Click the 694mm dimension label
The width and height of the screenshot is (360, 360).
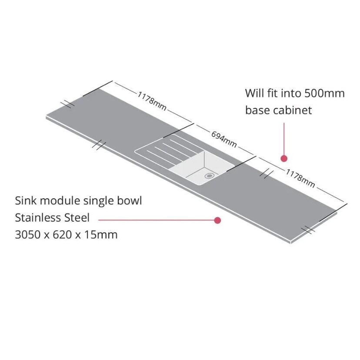pyautogui.click(x=224, y=140)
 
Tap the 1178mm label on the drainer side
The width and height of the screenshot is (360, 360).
pyautogui.click(x=152, y=101)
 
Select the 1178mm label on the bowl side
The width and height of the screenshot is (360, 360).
pyautogui.click(x=300, y=178)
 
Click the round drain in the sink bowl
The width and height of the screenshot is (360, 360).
pyautogui.click(x=209, y=176)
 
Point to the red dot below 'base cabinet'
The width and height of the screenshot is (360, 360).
pyautogui.click(x=284, y=158)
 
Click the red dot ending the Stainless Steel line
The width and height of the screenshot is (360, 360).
pyautogui.click(x=217, y=220)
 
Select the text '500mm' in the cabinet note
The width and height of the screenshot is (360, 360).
pyautogui.click(x=324, y=93)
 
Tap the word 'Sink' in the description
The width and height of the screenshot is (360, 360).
pyautogui.click(x=26, y=201)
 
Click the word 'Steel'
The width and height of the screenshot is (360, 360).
pyautogui.click(x=77, y=217)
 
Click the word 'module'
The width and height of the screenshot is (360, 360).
pyautogui.click(x=60, y=201)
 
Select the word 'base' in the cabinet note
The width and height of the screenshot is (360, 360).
pyautogui.click(x=257, y=110)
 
